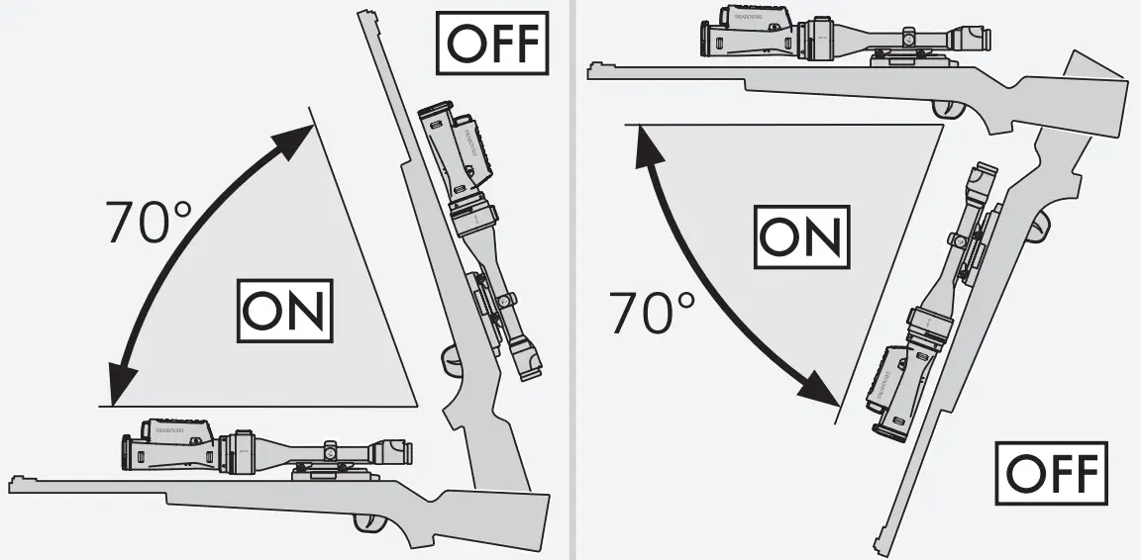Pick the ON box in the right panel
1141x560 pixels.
click(x=802, y=238)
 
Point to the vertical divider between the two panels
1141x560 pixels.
click(x=571, y=280)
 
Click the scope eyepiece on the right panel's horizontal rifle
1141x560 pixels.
click(x=976, y=41)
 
